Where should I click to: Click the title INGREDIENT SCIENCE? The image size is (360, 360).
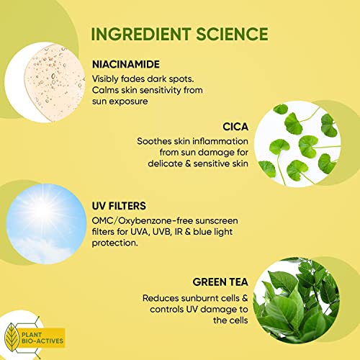tap(179, 34)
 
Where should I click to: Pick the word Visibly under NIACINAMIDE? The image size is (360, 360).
tap(108, 78)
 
